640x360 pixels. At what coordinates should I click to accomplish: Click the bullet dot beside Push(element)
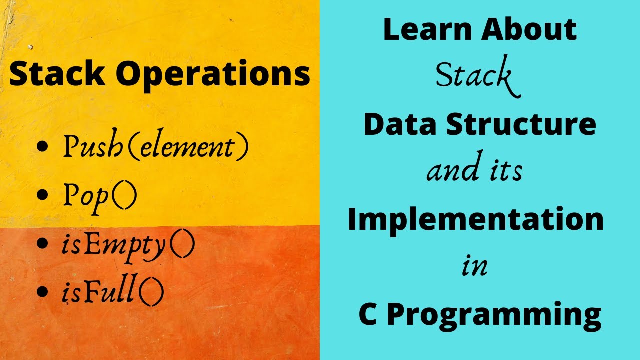[x=43, y=148]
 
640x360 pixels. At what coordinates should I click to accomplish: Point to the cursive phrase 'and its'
[x=474, y=170]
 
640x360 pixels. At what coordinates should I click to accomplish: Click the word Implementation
[x=475, y=220]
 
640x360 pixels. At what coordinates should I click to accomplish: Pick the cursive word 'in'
[x=474, y=266]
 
